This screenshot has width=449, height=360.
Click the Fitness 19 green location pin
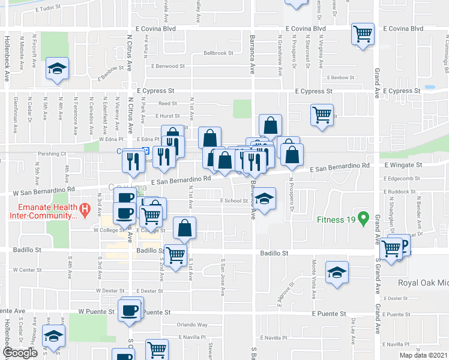coord(363,218)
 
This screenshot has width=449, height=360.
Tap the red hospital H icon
coord(85,210)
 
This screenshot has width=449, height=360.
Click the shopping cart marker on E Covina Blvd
coord(363,35)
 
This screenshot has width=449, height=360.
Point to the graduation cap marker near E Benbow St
coord(57,68)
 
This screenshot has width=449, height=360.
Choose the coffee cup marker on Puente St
coord(130,310)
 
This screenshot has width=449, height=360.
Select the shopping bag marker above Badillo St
coord(184,229)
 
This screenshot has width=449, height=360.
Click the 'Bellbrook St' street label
coord(218,53)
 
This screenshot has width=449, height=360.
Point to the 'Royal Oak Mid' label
coord(424,283)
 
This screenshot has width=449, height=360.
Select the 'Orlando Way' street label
coord(191,325)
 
